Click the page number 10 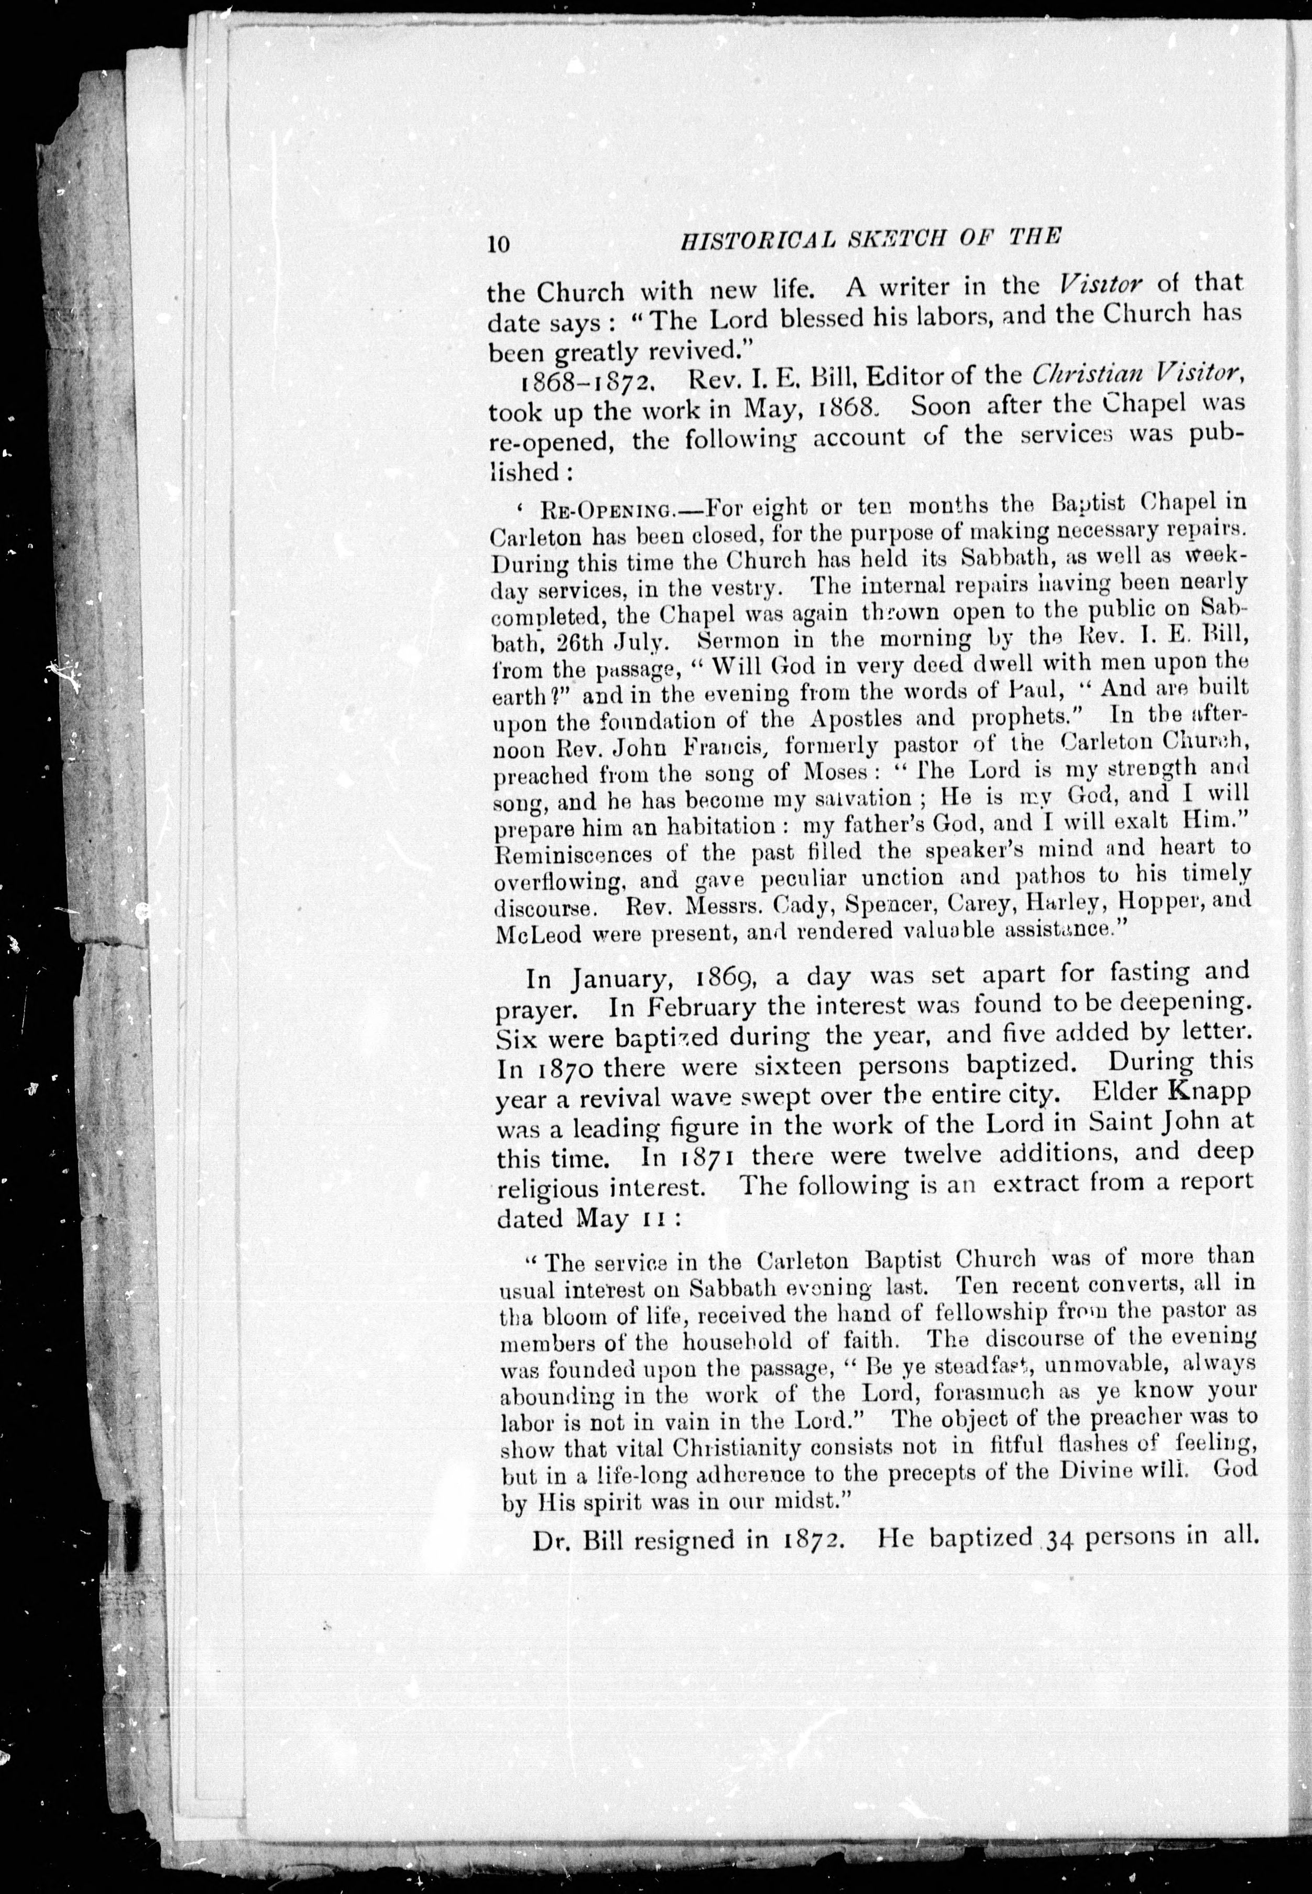click(499, 244)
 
